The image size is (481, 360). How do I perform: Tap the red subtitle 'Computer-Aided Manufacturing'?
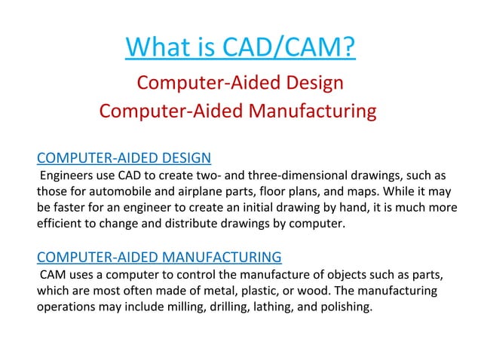(237, 111)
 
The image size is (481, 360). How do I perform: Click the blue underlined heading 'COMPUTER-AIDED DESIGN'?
(124, 157)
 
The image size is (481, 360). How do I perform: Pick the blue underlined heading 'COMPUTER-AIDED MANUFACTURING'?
(159, 257)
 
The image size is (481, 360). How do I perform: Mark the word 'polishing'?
(347, 307)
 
